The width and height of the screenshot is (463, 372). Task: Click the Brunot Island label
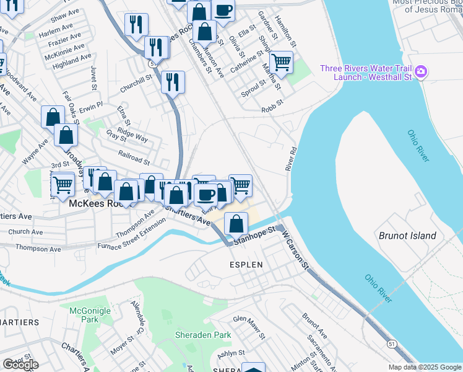[407, 236]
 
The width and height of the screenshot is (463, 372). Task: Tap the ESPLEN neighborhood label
[247, 265]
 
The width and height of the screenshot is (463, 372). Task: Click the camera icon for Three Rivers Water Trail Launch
[421, 73]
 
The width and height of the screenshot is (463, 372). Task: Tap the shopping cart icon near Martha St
[281, 62]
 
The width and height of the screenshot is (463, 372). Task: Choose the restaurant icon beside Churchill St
[173, 81]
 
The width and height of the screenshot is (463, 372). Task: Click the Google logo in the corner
[20, 365]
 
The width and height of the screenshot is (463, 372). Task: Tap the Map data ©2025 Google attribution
[424, 367]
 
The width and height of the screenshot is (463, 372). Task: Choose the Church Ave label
[26, 232]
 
